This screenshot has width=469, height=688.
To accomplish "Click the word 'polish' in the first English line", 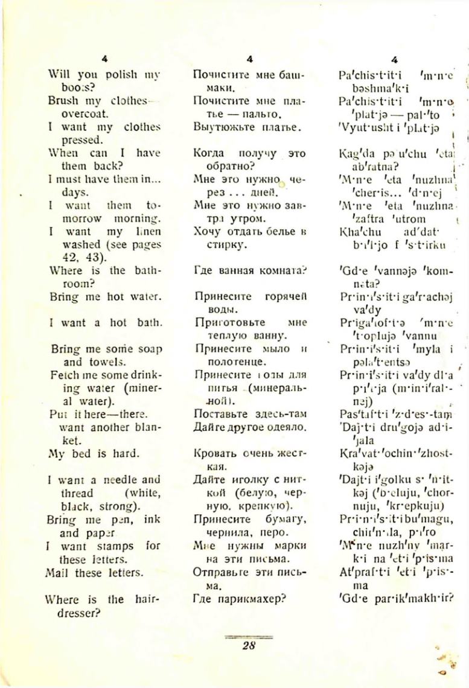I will coord(115,75).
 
